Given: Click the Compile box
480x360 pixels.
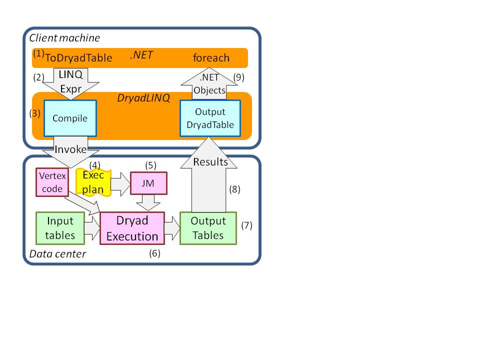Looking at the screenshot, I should tap(70, 118).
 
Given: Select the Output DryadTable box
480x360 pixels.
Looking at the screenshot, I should tap(210, 118).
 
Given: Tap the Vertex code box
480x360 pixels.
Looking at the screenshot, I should tap(51, 182).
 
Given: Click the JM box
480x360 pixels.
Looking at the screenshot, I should tap(148, 182).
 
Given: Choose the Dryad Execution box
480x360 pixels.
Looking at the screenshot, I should tap(132, 228).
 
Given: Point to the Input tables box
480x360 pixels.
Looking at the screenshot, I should tap(59, 228).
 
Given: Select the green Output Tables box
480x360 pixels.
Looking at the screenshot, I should tap(208, 228).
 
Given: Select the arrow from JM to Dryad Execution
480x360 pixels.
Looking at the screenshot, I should tap(148, 203).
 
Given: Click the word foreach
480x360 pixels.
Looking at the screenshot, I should tap(211, 58).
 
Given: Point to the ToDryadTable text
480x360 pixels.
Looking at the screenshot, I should tap(79, 58).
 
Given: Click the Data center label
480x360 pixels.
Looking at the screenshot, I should tap(57, 254).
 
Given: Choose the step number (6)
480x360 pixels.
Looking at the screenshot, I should tap(154, 253).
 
